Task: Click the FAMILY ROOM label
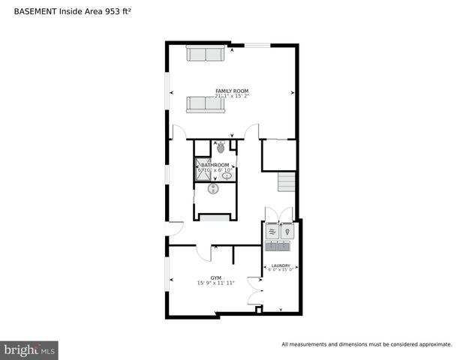(232, 91)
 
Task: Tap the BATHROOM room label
(215, 165)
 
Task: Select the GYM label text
(216, 277)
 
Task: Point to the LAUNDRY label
(281, 265)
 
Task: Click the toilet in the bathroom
(221, 147)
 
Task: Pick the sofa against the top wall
(205, 54)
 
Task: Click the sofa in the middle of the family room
(206, 104)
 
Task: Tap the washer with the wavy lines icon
(272, 231)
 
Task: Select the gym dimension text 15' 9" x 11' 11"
(216, 283)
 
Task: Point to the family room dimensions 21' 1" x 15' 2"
(232, 96)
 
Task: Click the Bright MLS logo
(29, 350)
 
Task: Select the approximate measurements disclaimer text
(366, 344)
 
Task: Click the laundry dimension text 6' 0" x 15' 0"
(281, 270)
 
